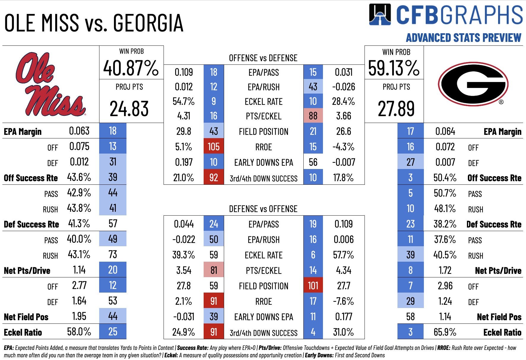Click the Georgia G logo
tap(473, 84)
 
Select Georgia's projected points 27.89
tap(396, 109)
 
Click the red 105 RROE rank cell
tap(213, 147)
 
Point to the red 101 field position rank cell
tap(313, 286)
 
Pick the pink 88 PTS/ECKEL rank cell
tap(313, 116)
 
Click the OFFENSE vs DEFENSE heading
tap(263, 58)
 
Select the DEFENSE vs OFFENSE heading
tap(263, 209)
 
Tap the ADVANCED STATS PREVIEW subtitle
tap(463, 38)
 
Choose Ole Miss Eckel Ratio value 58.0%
tap(79, 331)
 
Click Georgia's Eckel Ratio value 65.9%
tap(445, 332)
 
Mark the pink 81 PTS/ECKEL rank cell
tap(213, 270)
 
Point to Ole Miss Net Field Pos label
tap(26, 317)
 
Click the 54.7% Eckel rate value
tap(183, 101)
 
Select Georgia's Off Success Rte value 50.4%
tap(445, 178)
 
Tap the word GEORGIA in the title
tap(148, 23)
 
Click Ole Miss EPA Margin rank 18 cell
tap(113, 131)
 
